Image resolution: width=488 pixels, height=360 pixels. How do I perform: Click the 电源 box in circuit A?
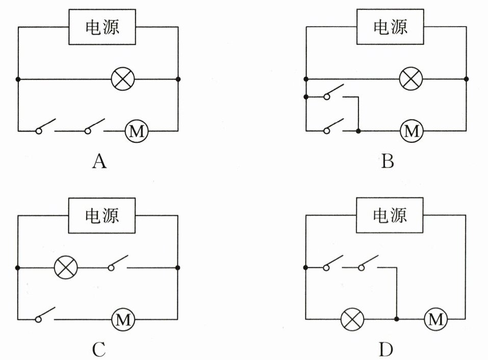(102, 27)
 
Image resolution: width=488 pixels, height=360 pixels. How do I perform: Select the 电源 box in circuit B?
(390, 27)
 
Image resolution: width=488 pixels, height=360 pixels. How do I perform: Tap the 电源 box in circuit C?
(102, 215)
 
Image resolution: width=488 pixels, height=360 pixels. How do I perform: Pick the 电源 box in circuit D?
(390, 215)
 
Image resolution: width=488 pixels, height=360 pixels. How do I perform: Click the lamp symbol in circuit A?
(123, 80)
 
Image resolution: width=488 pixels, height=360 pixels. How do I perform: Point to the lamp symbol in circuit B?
(411, 80)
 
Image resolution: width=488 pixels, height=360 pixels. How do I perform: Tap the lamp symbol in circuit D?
(352, 320)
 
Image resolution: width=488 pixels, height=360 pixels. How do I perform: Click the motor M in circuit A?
(136, 132)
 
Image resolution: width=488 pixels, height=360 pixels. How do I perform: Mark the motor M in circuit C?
(123, 320)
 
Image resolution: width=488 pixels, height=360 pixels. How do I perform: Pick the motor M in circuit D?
(435, 320)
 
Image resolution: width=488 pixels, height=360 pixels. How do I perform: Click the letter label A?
(99, 162)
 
